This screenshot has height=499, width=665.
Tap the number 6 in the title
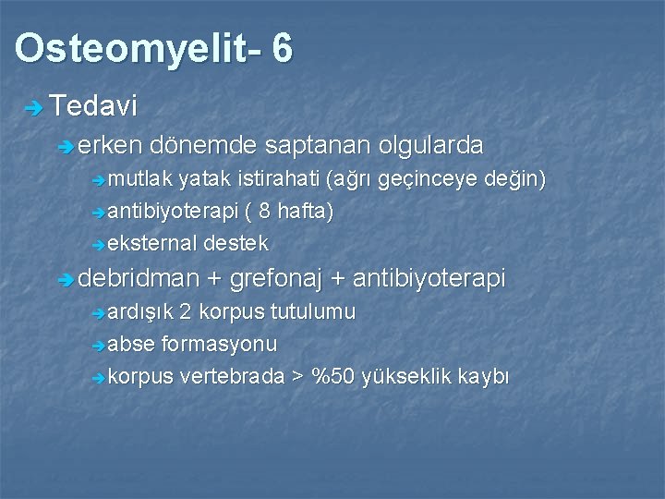tap(283, 49)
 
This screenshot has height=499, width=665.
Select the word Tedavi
tap(94, 106)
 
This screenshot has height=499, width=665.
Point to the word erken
tap(110, 145)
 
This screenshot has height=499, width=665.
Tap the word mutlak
tap(140, 178)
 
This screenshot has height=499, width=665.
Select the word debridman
tap(139, 278)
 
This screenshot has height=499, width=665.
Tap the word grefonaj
tap(281, 278)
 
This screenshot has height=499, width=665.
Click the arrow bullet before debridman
tap(64, 280)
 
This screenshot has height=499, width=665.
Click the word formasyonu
tap(219, 344)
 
